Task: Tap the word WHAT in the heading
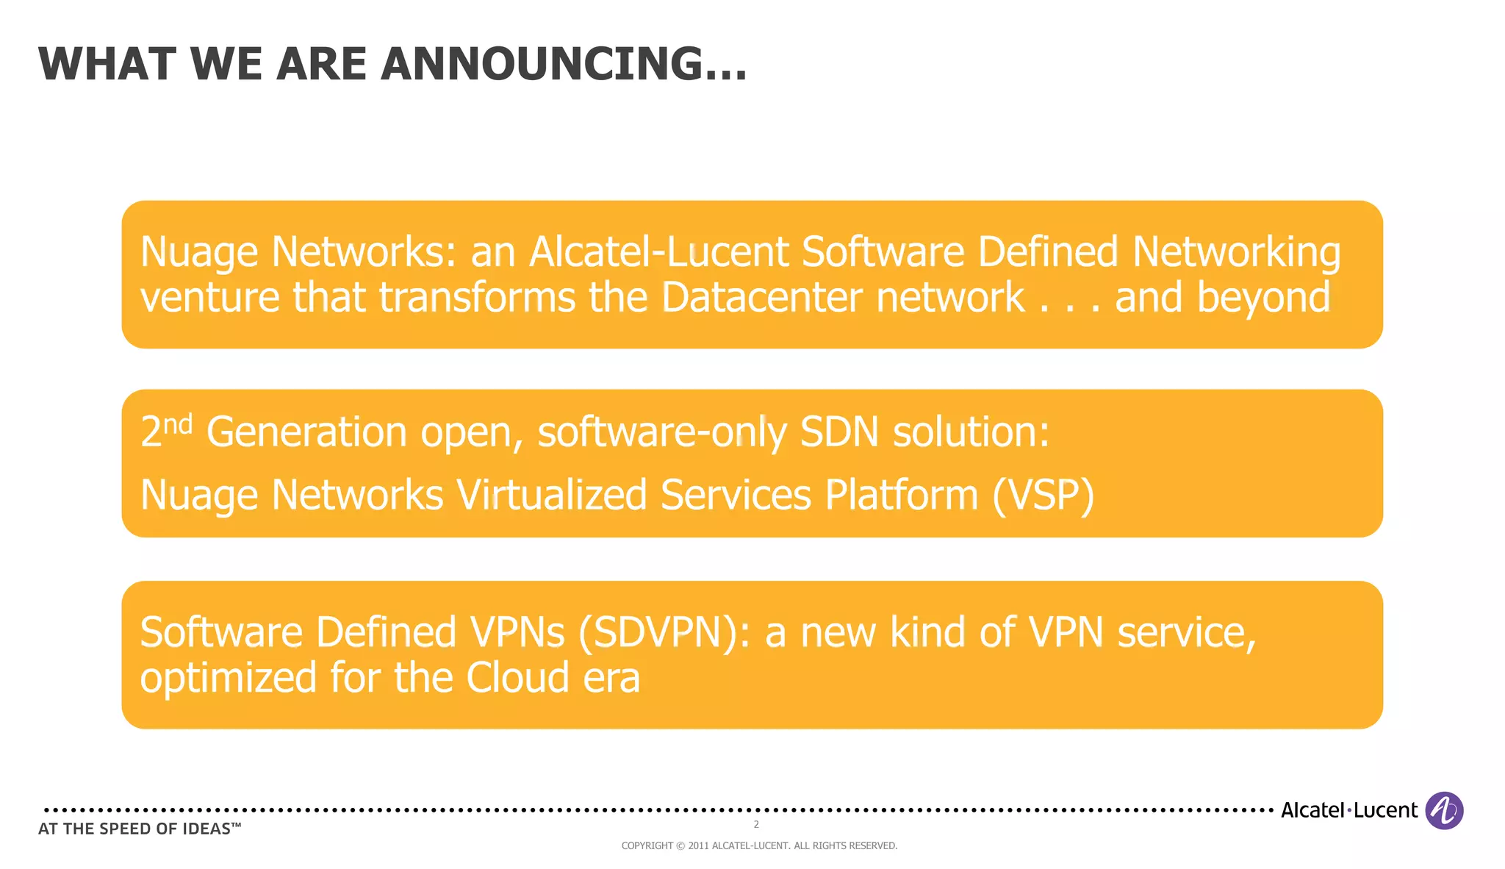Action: pyautogui.click(x=107, y=64)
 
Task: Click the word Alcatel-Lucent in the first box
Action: pyautogui.click(x=658, y=252)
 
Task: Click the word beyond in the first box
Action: pyautogui.click(x=1263, y=298)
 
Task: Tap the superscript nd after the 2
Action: pyautogui.click(x=177, y=424)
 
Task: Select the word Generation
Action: pyautogui.click(x=306, y=432)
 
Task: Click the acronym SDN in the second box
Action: pyautogui.click(x=838, y=432)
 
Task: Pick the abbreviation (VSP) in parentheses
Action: pyautogui.click(x=1043, y=495)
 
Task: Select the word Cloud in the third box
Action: pyautogui.click(x=517, y=678)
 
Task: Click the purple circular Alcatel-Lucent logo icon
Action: pyautogui.click(x=1444, y=810)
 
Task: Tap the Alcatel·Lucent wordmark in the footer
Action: pyautogui.click(x=1348, y=810)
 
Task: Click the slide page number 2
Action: pyautogui.click(x=756, y=825)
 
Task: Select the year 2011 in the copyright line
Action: pyautogui.click(x=698, y=846)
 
